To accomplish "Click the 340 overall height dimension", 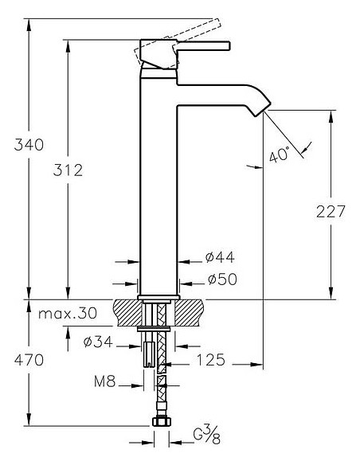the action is tap(29, 145).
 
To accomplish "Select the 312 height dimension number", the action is tap(68, 170).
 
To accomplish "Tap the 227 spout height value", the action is tap(331, 212).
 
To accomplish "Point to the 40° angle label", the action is tap(279, 154).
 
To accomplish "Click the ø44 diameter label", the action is tap(220, 257).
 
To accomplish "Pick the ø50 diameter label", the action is tap(222, 279).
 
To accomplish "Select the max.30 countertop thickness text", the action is tap(68, 313).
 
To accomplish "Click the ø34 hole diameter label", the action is tap(98, 342).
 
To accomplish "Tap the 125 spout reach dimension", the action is tap(211, 361).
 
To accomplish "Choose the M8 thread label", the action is tap(104, 381).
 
